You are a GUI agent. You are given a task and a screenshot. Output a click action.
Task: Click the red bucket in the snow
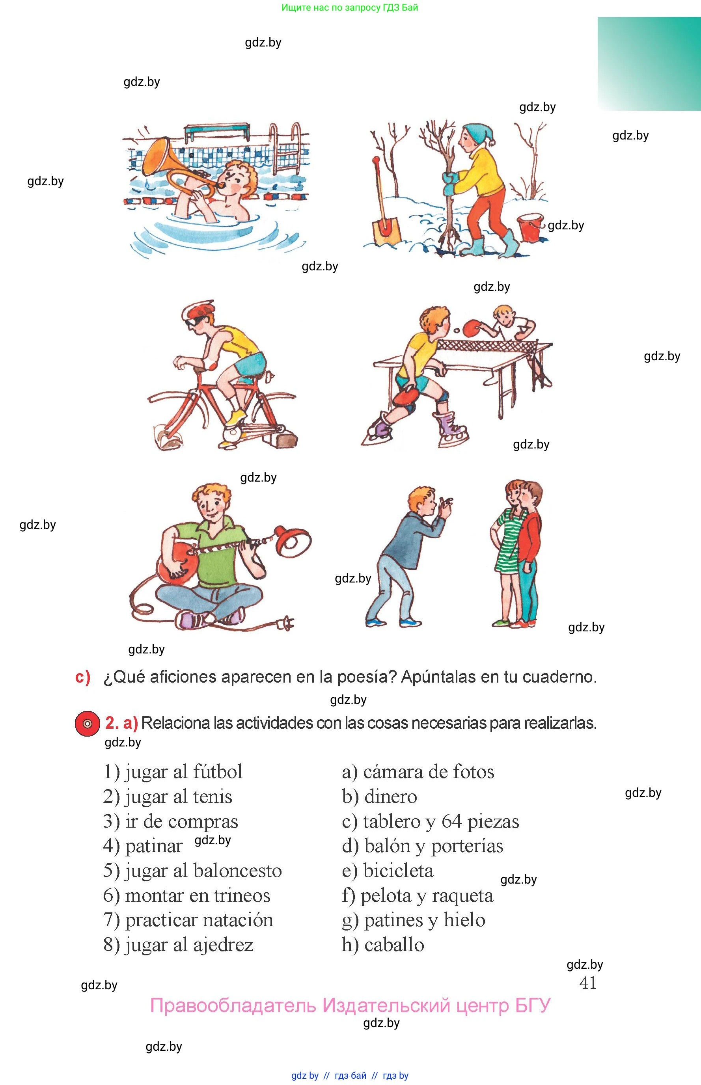coord(531,227)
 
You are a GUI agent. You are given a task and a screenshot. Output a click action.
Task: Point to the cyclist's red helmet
coord(198,310)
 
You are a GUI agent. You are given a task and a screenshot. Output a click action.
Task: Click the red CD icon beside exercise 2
coord(88,723)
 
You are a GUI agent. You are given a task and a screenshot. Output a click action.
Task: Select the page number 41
coord(588,983)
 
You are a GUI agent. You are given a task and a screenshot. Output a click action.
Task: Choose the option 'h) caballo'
coord(383,945)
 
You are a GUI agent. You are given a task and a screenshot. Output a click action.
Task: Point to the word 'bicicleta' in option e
coord(398,871)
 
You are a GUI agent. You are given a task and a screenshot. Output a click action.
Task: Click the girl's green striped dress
coord(507,542)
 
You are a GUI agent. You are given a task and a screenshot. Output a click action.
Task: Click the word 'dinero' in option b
coord(391,796)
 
